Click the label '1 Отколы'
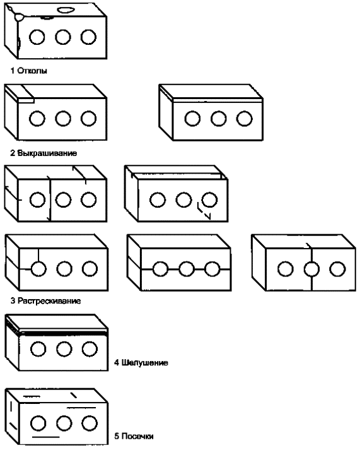[x=29, y=71]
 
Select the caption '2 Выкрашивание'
[x=44, y=153]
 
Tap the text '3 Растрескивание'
[x=45, y=301]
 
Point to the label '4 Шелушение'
[x=141, y=363]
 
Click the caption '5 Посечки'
[x=134, y=436]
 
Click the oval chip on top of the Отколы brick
[x=66, y=10]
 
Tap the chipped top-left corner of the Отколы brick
[x=18, y=16]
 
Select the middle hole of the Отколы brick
[x=63, y=37]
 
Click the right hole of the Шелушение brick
[x=90, y=349]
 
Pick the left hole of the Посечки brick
[x=38, y=423]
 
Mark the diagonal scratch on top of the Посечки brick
[x=74, y=395]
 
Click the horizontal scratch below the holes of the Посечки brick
[x=46, y=437]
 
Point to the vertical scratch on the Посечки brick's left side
[x=11, y=407]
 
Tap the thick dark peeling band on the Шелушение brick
[x=63, y=333]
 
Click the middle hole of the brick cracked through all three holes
[x=187, y=269]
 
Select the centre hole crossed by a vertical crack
[x=311, y=269]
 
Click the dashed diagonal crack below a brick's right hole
[x=204, y=211]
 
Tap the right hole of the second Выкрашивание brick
[x=244, y=119]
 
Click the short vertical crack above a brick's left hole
[x=38, y=255]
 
